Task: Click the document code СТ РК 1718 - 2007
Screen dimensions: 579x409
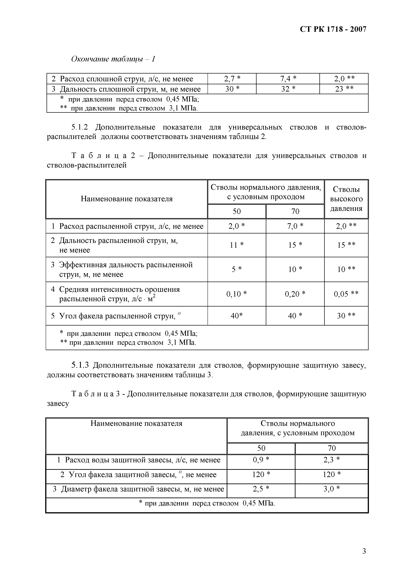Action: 333,29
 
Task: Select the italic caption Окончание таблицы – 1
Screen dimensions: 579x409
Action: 113,59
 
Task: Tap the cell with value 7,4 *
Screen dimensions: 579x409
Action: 288,79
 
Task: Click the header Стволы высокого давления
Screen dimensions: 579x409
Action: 346,199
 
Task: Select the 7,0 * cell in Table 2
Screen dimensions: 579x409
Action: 295,226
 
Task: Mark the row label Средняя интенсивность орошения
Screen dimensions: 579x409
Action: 119,289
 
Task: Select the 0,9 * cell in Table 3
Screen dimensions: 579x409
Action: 261,460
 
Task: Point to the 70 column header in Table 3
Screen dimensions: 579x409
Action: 332,448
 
